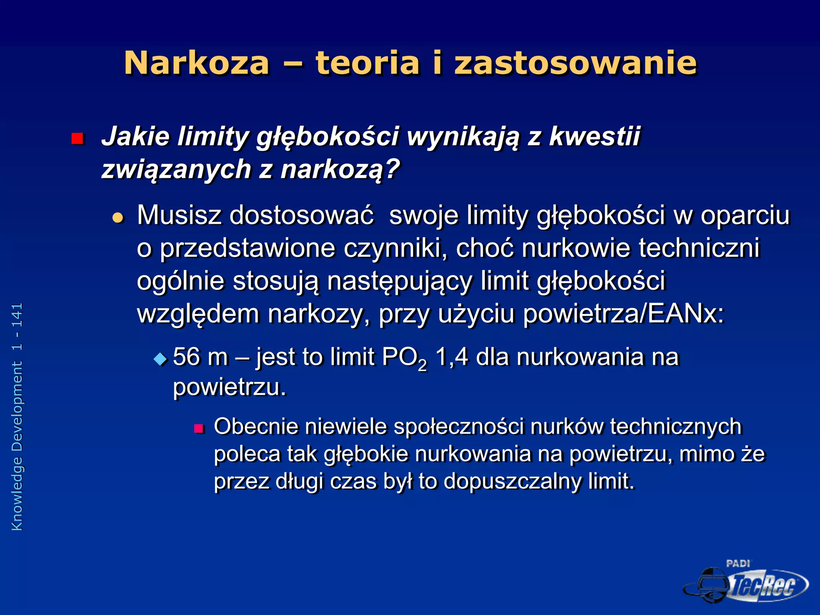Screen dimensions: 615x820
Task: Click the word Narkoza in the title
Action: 197,63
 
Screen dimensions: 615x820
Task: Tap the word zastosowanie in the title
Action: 576,63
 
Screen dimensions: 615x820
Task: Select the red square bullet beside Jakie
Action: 77,139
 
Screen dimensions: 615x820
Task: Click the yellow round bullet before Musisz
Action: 118,218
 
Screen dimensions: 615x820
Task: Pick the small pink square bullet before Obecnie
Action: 199,429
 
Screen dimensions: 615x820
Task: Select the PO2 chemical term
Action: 404,358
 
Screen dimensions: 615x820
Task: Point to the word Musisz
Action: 179,215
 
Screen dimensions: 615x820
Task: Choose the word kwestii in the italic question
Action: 595,136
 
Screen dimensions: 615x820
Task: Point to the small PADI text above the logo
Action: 738,563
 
